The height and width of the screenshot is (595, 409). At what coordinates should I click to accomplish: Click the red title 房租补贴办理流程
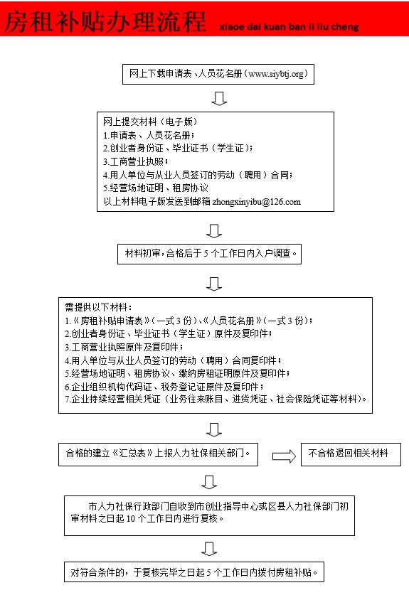click(105, 21)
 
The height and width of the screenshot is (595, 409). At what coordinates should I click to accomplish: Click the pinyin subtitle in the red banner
click(289, 27)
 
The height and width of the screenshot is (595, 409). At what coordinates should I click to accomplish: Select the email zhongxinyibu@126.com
click(257, 201)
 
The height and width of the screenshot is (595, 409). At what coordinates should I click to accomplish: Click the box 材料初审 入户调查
click(209, 254)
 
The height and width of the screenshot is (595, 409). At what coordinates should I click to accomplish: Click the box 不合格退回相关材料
click(351, 454)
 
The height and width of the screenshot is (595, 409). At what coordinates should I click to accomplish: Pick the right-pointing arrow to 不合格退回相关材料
click(284, 456)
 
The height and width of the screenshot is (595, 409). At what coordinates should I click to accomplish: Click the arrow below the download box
click(219, 98)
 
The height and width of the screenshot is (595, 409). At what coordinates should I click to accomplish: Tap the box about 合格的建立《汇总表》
click(158, 454)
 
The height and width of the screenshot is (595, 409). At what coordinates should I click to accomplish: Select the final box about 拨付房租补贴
click(194, 572)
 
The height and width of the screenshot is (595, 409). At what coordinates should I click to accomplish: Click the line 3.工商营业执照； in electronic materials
click(136, 161)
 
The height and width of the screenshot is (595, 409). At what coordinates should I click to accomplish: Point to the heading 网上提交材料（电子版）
click(150, 122)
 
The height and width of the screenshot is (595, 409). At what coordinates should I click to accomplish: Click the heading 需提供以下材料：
click(99, 307)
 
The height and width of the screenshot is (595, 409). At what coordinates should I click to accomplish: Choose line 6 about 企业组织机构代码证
click(164, 387)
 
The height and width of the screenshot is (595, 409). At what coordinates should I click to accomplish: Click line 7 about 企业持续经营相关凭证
click(216, 400)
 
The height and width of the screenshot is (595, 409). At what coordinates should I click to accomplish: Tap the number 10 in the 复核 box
click(131, 518)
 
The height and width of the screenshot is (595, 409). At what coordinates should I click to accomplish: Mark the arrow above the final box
click(209, 549)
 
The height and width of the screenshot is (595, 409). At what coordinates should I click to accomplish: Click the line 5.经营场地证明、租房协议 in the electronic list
click(156, 188)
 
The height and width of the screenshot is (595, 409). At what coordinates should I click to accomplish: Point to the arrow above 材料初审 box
click(214, 231)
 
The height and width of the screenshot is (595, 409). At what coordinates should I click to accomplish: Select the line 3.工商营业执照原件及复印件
click(124, 347)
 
